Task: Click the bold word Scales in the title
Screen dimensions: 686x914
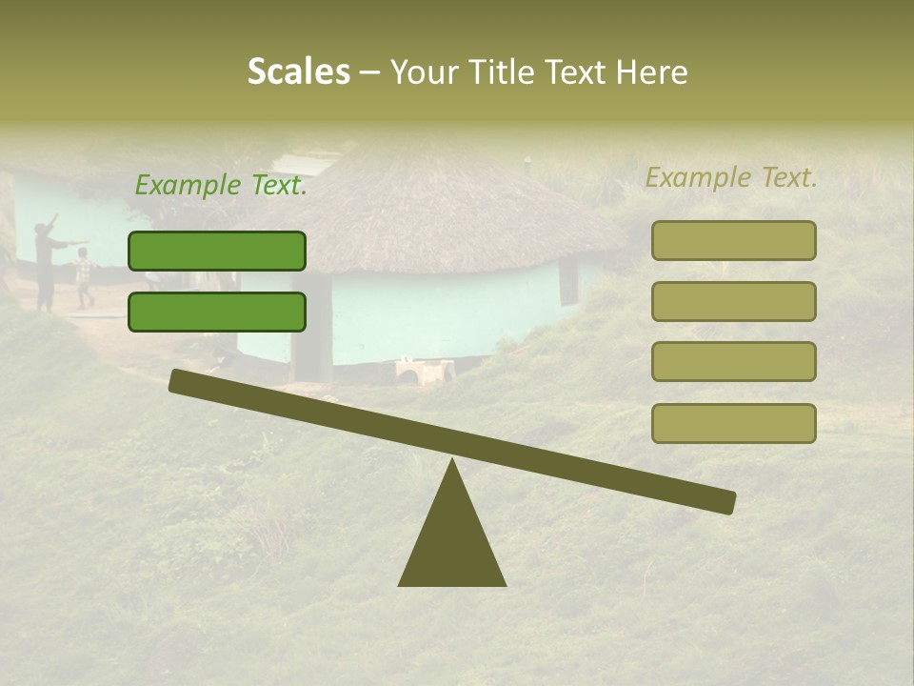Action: coord(298,71)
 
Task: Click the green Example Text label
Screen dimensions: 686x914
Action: coord(221,185)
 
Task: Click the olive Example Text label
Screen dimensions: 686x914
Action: coord(731,177)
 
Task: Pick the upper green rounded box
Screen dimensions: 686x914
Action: coord(217,251)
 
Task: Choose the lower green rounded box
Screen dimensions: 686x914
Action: coord(217,312)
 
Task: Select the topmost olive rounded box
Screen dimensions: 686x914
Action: coord(733,240)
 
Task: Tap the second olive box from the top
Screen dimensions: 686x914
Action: coord(733,301)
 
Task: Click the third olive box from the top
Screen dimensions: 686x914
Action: coord(733,361)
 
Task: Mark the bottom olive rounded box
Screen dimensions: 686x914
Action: coord(733,423)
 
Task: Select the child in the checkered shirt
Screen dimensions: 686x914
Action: coord(84,274)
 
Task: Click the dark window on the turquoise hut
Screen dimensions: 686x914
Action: coord(568,281)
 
